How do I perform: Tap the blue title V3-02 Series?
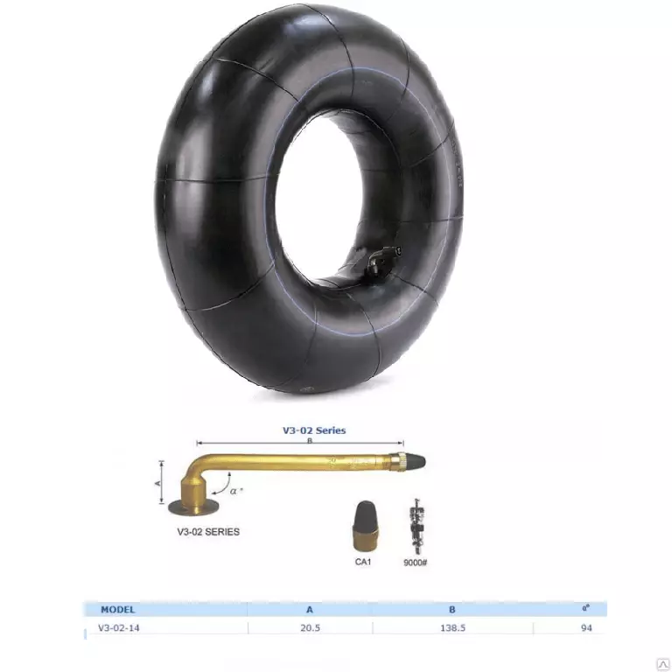(314, 430)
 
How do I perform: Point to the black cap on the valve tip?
(416, 462)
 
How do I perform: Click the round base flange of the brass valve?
(193, 507)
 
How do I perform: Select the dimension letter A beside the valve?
(158, 483)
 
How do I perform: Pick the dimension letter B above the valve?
(310, 441)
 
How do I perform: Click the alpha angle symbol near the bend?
(234, 491)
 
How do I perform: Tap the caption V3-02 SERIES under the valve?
(208, 531)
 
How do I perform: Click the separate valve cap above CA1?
(365, 526)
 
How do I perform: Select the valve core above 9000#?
(416, 526)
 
